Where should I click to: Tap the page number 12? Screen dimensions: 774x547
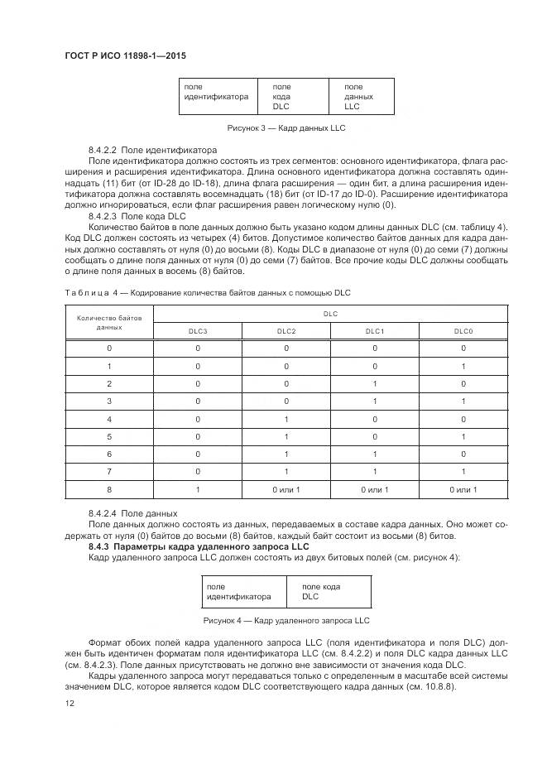69,703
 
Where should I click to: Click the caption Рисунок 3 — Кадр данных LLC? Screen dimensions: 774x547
285,128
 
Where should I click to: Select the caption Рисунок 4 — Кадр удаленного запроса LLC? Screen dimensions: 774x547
285,620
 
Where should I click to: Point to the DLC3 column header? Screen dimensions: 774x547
198,330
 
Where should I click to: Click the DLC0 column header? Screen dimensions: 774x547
463,330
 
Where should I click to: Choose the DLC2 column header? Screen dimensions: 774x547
286,330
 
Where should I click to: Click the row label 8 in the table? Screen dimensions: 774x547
109,489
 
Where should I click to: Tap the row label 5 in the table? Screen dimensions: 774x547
109,436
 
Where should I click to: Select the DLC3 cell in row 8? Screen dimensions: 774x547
198,489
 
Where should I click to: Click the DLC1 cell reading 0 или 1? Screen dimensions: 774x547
374,489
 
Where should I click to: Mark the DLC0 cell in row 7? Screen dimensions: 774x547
463,472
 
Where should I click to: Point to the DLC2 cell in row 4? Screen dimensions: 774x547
286,419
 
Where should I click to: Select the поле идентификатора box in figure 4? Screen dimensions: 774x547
240,591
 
